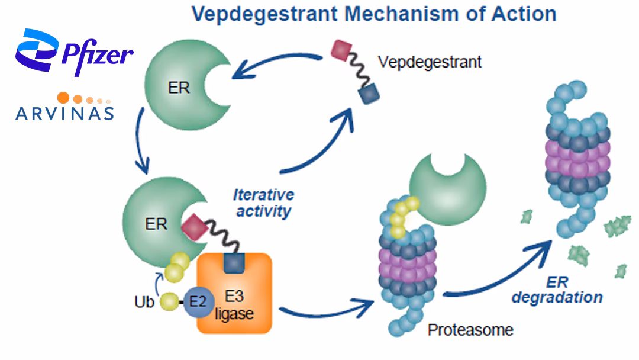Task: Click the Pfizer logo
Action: coord(74,53)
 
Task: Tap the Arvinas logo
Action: coord(65,107)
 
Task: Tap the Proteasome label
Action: coord(470,330)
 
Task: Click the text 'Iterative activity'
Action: coord(263,202)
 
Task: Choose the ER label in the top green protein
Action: coord(178,88)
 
